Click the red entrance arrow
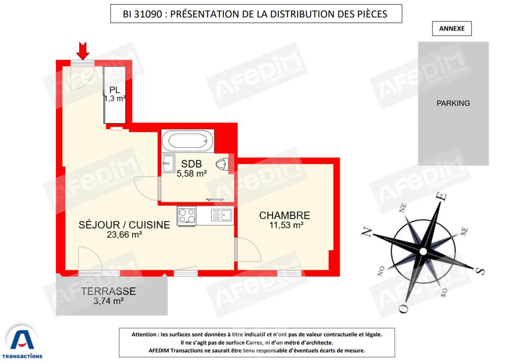83,50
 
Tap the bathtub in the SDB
188,141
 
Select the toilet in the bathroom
222,164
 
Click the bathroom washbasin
168,163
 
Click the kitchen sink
222,215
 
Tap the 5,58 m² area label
191,174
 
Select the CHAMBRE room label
284,215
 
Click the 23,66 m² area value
124,235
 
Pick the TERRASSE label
109,291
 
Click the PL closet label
114,90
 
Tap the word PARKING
453,103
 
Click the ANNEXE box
452,29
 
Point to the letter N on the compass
367,232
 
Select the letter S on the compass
480,271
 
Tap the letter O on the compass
404,308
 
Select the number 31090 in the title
148,14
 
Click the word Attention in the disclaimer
144,334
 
